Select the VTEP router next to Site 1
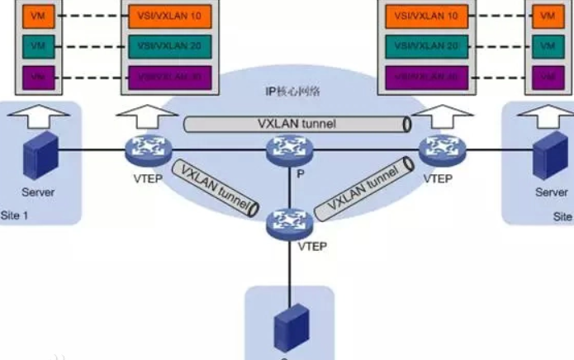click(x=148, y=150)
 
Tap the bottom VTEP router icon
click(x=288, y=222)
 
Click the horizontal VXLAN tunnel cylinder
click(x=297, y=124)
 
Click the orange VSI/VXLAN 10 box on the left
click(x=170, y=16)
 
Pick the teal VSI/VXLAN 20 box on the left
click(x=170, y=45)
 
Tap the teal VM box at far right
click(x=545, y=45)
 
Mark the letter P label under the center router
click(x=288, y=175)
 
